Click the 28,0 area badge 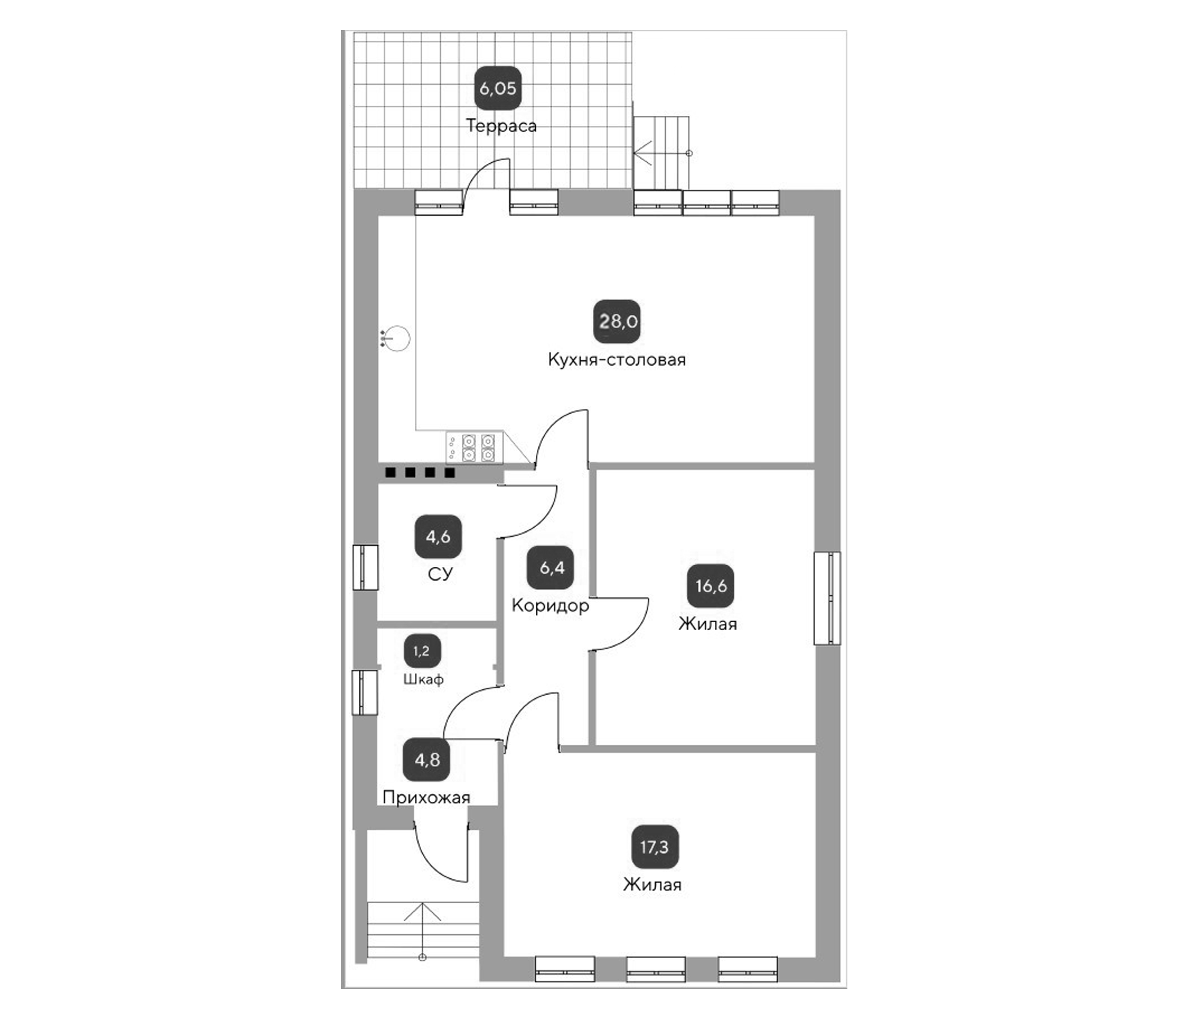coord(617,321)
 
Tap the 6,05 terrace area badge coord(498,88)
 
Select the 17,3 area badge coord(654,847)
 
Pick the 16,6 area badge coord(710,586)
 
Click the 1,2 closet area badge coord(422,651)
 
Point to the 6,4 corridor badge coord(551,567)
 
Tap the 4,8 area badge coord(427,760)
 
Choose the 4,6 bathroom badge coord(438,537)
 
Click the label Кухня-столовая coord(617,360)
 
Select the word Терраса coord(501,125)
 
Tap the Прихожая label coord(426,797)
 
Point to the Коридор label coord(550,605)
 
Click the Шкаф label coord(423,679)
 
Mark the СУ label coord(440,574)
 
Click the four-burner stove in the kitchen coord(475,448)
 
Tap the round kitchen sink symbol coord(397,339)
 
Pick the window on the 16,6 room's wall coord(827,597)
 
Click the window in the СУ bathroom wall coord(365,567)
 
